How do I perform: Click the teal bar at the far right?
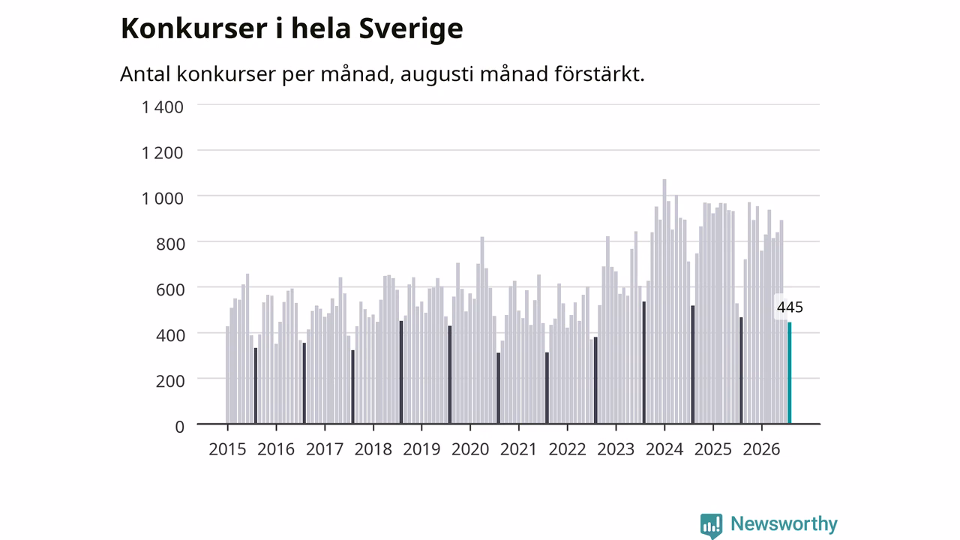(790, 373)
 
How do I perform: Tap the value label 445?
(790, 307)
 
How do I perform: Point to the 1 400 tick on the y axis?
(163, 107)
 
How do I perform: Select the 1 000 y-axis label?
(163, 199)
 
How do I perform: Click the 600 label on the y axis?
(170, 289)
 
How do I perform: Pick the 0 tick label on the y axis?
(179, 427)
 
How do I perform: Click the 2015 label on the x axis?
(227, 449)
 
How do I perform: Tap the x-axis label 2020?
(470, 449)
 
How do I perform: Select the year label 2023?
(616, 449)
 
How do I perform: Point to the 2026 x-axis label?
(761, 449)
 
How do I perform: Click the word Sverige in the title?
(411, 29)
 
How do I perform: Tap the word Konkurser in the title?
(194, 28)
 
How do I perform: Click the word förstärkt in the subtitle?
(599, 73)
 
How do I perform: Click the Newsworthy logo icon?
(712, 526)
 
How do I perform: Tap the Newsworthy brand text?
(784, 523)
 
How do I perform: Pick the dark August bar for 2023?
(643, 362)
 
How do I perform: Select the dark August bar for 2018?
(401, 373)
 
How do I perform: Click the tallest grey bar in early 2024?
(664, 301)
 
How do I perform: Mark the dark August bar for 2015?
(256, 385)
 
